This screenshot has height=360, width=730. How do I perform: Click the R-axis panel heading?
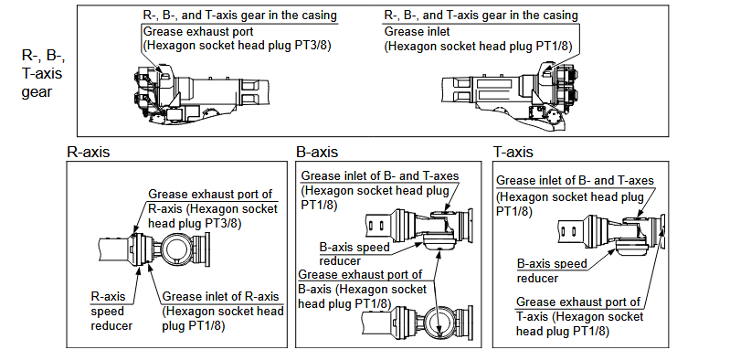(89, 152)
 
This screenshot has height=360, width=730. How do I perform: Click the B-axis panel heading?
(317, 152)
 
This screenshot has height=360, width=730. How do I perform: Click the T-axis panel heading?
(513, 152)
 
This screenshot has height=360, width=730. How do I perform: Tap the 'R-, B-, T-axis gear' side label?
(43, 74)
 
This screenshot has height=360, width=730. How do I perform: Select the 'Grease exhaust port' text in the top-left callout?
(199, 32)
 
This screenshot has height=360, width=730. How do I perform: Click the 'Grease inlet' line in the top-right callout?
(418, 32)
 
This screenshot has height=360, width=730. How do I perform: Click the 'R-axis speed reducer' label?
(111, 311)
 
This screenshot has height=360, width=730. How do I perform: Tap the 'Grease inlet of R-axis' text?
(220, 297)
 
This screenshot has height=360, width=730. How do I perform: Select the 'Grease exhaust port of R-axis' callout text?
(213, 208)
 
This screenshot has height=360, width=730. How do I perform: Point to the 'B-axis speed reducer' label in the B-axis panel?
(354, 254)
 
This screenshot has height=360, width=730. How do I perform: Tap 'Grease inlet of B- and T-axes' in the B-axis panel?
(380, 176)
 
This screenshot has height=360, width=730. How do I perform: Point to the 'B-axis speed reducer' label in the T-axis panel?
(552, 270)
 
